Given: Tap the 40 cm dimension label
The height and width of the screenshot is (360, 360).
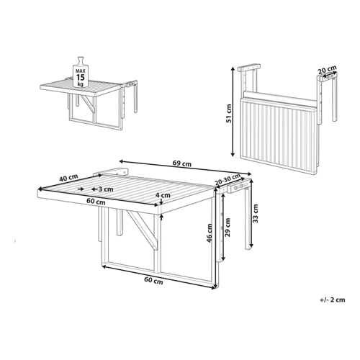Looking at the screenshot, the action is pos(68,178).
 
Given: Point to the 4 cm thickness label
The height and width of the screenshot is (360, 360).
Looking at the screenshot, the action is pos(163,195).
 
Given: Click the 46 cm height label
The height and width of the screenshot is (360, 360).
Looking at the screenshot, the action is pos(210,233).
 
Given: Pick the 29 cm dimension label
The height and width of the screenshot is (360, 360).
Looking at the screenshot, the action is pos(228,227).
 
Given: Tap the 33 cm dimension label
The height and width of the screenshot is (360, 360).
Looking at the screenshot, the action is pos(256,214).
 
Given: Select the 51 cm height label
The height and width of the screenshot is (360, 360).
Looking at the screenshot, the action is pos(230,113).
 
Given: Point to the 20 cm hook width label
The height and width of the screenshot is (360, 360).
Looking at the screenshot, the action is pos(327,70).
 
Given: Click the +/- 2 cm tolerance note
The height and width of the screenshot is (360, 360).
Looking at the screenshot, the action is pos(333,300).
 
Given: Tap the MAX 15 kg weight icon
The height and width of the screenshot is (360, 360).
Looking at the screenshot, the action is pos(81,72).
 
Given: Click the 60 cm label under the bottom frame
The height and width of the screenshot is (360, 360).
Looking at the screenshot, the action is pos(153,280).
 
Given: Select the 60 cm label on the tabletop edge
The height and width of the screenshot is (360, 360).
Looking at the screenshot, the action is pos(96,202).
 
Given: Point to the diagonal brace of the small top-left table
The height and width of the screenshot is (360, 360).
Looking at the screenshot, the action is pos(87,104).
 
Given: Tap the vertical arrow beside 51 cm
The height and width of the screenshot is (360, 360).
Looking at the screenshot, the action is pos(233,112).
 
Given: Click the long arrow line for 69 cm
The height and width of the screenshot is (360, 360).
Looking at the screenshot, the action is pos(185,167).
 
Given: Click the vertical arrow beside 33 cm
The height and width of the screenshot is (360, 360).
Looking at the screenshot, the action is pos(251,214).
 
